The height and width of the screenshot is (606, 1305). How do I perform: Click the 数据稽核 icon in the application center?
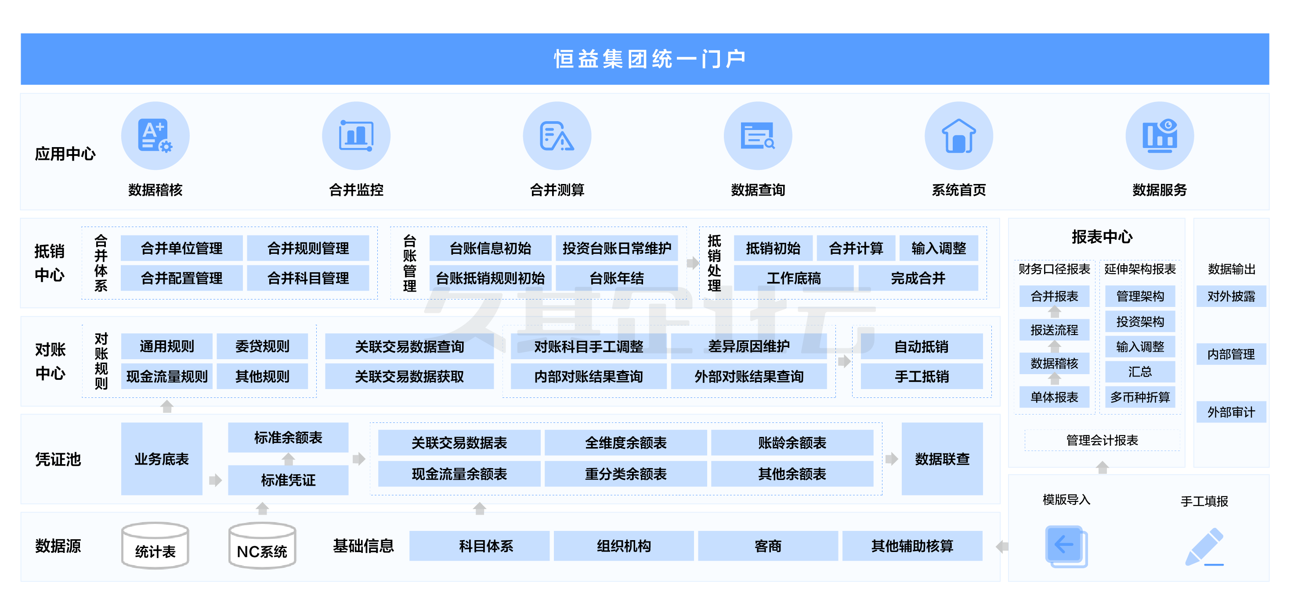point(155,136)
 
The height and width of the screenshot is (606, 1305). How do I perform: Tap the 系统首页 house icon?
point(958,136)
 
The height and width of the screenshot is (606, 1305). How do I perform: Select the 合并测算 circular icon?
point(557,136)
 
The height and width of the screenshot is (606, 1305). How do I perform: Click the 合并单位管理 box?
point(181,248)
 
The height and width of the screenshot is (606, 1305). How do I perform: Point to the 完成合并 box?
point(918,278)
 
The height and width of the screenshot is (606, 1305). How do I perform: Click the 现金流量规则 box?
point(166,376)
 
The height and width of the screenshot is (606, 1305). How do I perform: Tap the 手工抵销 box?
point(921,376)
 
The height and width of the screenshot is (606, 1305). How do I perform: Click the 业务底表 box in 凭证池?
point(161,459)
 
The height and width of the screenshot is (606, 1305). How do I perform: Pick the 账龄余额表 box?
point(792,443)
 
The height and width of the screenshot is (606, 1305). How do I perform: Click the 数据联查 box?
point(942,459)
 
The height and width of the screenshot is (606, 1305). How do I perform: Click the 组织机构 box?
point(623,546)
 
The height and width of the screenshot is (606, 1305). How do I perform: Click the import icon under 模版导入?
point(1066,546)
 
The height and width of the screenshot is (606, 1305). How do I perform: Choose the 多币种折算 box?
point(1140,397)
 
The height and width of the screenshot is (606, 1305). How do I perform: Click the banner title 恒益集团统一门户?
point(650,59)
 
